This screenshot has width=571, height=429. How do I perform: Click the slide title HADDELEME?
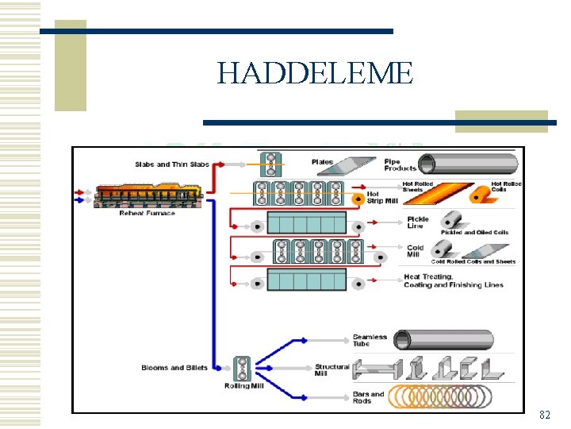point(315,74)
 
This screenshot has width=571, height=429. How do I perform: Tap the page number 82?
point(544,415)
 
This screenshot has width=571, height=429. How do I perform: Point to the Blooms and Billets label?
point(174,368)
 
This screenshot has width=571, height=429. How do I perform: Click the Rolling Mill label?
point(243,386)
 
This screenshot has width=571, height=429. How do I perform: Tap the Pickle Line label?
point(417,222)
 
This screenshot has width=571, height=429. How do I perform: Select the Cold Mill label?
point(416,252)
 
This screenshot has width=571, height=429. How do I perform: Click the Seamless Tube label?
point(370,340)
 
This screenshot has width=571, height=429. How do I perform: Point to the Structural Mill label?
point(331,370)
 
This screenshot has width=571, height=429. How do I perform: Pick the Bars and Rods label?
point(368,397)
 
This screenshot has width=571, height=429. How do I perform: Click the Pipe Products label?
point(400,164)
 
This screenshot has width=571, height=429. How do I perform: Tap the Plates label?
point(322,162)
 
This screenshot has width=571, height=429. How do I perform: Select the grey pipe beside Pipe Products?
point(469,164)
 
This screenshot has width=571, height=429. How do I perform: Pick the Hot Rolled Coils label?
point(505,187)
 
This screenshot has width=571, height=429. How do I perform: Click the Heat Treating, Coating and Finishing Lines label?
point(453,281)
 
